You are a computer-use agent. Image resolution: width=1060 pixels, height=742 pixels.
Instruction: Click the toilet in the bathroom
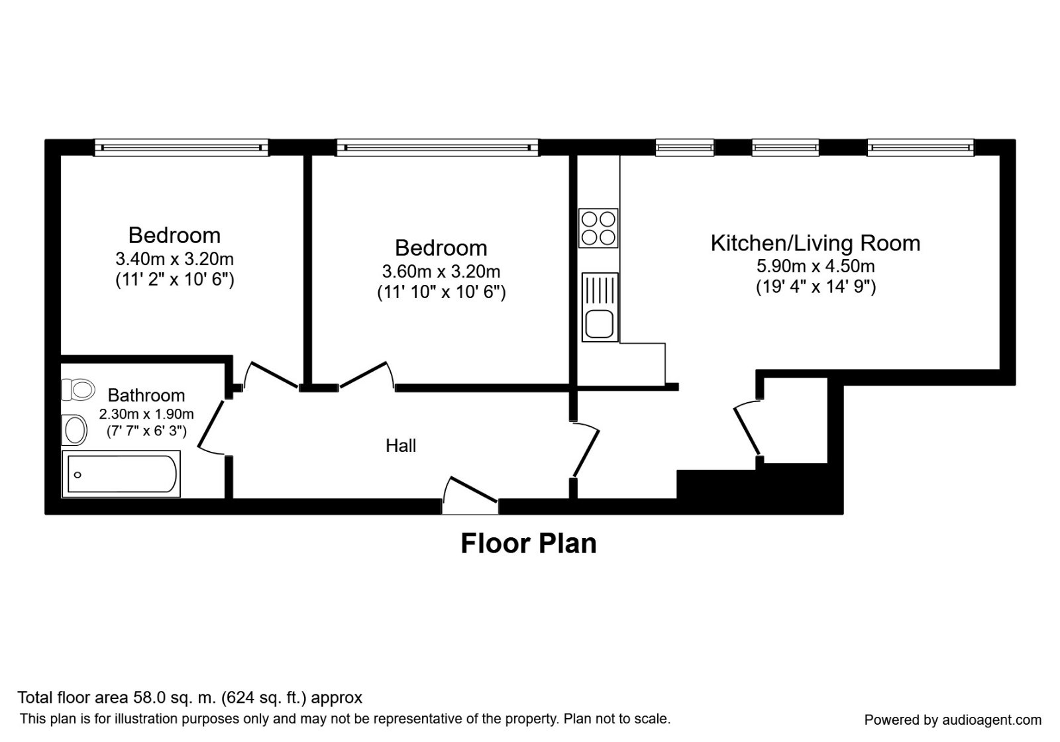78,390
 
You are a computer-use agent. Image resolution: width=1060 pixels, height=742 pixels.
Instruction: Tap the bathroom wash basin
76,431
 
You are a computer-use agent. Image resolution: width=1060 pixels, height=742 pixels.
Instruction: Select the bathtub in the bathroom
121,474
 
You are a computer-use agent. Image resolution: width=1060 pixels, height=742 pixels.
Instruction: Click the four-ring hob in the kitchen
598,228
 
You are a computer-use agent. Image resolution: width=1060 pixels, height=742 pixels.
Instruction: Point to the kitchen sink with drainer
600,307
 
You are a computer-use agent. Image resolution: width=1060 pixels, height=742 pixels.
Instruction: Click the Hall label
401,446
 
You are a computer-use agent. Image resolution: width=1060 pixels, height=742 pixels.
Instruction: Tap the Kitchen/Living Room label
815,243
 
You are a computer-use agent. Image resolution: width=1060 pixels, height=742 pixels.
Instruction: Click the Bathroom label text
146,396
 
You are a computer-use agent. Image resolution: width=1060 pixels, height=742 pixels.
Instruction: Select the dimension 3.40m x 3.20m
174,258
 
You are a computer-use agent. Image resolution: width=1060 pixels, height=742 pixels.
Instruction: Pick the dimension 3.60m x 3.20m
441,271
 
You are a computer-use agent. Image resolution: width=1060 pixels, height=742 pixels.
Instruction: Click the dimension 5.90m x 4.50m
815,266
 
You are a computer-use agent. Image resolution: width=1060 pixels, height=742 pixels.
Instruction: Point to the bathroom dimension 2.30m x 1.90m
146,415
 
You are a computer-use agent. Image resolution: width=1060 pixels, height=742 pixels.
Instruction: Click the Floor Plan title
528,543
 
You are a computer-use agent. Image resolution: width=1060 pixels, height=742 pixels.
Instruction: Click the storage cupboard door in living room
747,429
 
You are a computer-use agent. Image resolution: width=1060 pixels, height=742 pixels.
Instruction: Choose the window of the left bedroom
181,147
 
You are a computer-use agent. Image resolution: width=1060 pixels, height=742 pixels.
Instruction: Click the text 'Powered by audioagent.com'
953,719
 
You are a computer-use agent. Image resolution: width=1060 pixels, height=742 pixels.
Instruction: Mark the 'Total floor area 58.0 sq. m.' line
189,697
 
